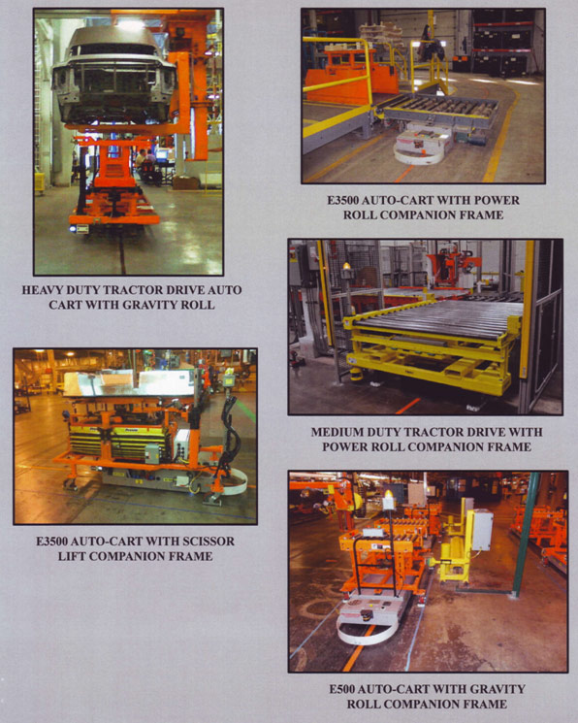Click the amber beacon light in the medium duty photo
(x=346, y=267)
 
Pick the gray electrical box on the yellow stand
(x=482, y=530)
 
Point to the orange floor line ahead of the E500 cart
(x=354, y=650)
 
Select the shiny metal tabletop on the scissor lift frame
(x=129, y=382)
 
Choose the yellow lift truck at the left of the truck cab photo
(x=40, y=181)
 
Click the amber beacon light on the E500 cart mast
(x=390, y=494)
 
